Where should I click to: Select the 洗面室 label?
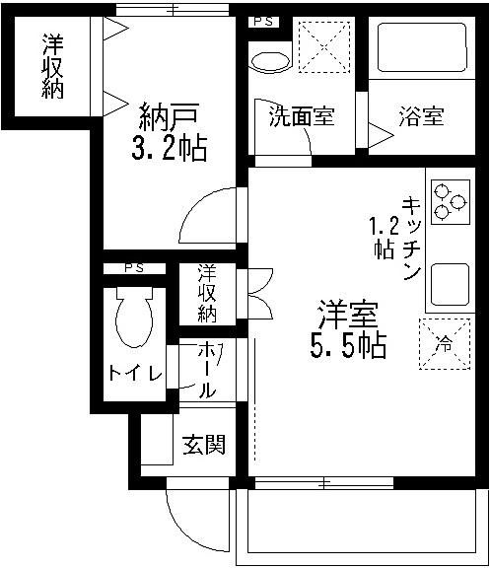tap(303, 116)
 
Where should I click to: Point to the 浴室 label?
tap(421, 116)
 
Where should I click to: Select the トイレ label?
tap(128, 374)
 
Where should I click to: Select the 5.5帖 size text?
tap(347, 346)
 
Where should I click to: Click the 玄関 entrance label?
tap(202, 445)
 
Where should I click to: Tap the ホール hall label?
tap(208, 370)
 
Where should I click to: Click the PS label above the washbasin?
tap(263, 22)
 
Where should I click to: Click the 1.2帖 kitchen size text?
tap(384, 236)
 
